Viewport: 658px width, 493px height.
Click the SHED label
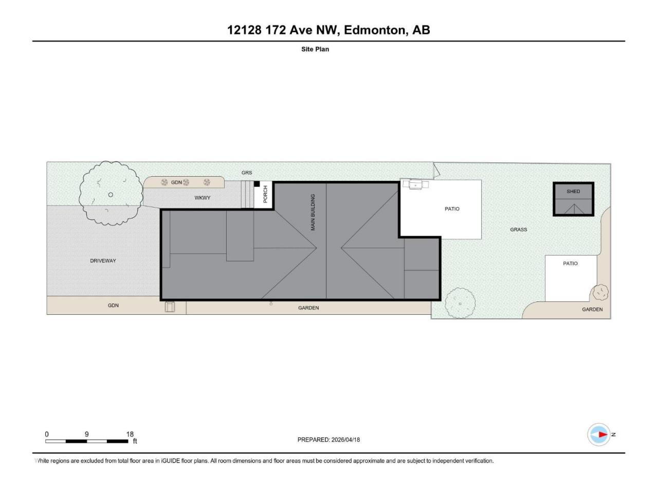pos(573,191)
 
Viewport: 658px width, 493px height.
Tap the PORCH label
pos(265,194)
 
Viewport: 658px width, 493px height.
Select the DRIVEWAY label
pos(103,261)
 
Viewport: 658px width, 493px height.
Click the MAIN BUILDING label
pos(313,212)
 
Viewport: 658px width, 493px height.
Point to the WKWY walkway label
pos(203,198)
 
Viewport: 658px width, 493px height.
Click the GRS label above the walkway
pos(247,173)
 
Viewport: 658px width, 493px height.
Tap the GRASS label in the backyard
pos(518,230)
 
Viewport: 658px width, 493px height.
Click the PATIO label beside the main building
pos(452,209)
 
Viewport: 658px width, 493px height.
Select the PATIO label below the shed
pos(570,263)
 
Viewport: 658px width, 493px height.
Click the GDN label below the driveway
pos(113,306)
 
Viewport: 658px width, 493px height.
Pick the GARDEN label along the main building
pos(308,308)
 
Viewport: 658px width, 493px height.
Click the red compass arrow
pos(602,434)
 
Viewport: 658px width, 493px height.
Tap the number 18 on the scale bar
pos(130,434)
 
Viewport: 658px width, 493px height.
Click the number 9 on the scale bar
pos(87,434)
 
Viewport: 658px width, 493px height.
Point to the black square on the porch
pos(257,184)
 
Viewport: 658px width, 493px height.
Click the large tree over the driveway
pos(111,194)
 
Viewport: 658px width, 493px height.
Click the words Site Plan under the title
pos(315,49)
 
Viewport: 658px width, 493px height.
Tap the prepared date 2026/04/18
pos(345,440)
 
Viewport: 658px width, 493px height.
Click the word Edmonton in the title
pos(376,30)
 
